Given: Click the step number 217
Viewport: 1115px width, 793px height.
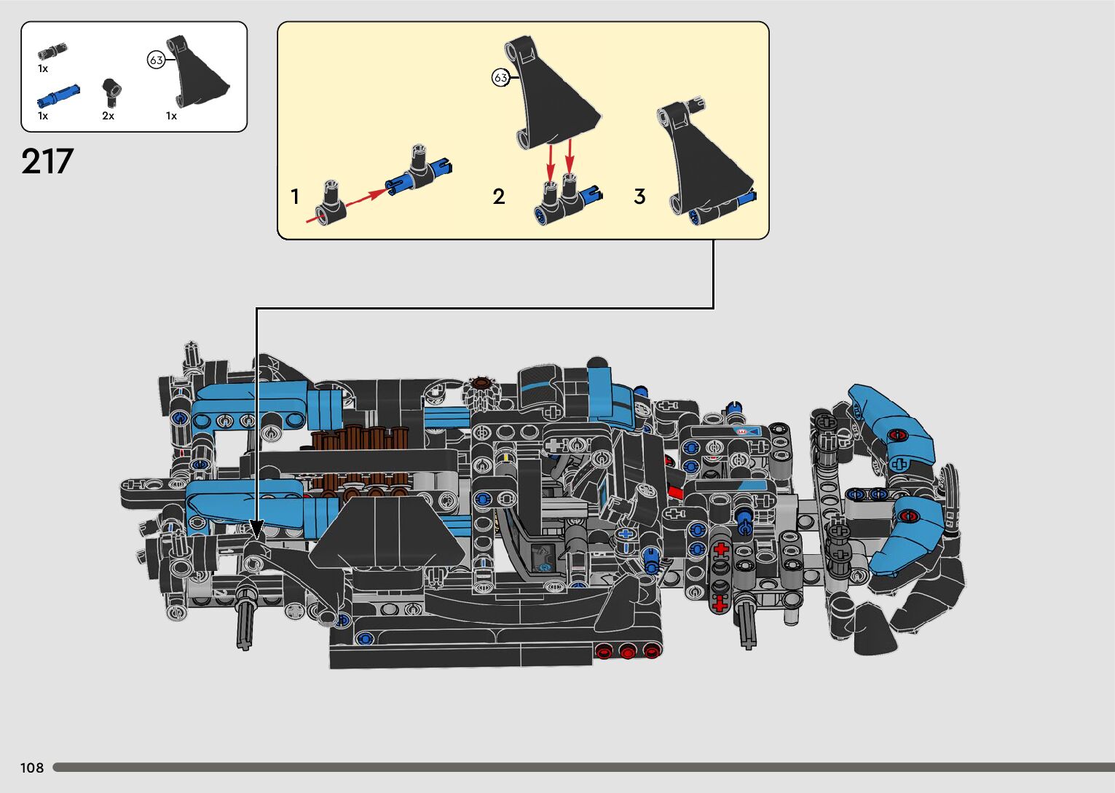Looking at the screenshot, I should coord(47,162).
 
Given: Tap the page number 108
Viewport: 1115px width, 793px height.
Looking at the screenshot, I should coord(32,768).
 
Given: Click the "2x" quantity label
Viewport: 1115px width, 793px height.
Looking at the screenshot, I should coord(108,116).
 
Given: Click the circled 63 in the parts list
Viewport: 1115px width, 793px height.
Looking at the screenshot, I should coord(156,60).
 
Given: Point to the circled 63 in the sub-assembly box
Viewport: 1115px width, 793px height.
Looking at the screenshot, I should coord(500,78).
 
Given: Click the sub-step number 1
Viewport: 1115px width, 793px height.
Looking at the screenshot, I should coord(295,197).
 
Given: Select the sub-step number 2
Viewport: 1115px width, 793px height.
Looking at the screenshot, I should coord(499,197).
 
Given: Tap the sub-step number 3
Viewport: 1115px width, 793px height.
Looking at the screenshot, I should coord(639,197).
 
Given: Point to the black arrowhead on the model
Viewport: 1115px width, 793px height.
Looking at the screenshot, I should coord(256,529).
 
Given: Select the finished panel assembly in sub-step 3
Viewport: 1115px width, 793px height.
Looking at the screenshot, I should coord(706,164).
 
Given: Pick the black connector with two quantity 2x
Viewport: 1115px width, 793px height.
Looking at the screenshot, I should coord(111,92).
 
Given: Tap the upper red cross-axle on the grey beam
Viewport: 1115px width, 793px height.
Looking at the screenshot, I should coord(720,550).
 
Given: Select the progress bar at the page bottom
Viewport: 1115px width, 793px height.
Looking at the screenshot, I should coord(583,768).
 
